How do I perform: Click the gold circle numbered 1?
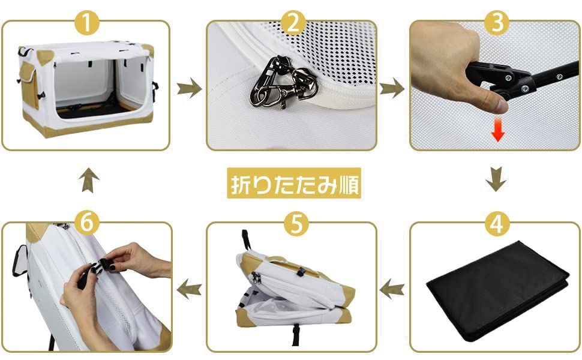(x=87, y=23)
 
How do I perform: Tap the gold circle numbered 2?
(x=293, y=23)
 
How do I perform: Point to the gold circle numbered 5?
(x=296, y=224)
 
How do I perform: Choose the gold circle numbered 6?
(x=87, y=224)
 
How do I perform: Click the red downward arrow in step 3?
(x=498, y=131)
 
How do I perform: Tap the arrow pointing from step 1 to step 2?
(x=189, y=88)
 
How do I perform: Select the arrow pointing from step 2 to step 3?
(x=392, y=88)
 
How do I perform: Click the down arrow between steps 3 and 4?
(x=496, y=179)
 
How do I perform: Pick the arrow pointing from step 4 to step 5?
(x=392, y=289)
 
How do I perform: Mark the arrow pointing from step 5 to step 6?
(x=189, y=289)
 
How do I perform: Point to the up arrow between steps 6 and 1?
(x=89, y=180)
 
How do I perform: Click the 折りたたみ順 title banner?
(x=294, y=184)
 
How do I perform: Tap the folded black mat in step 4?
(x=498, y=290)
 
